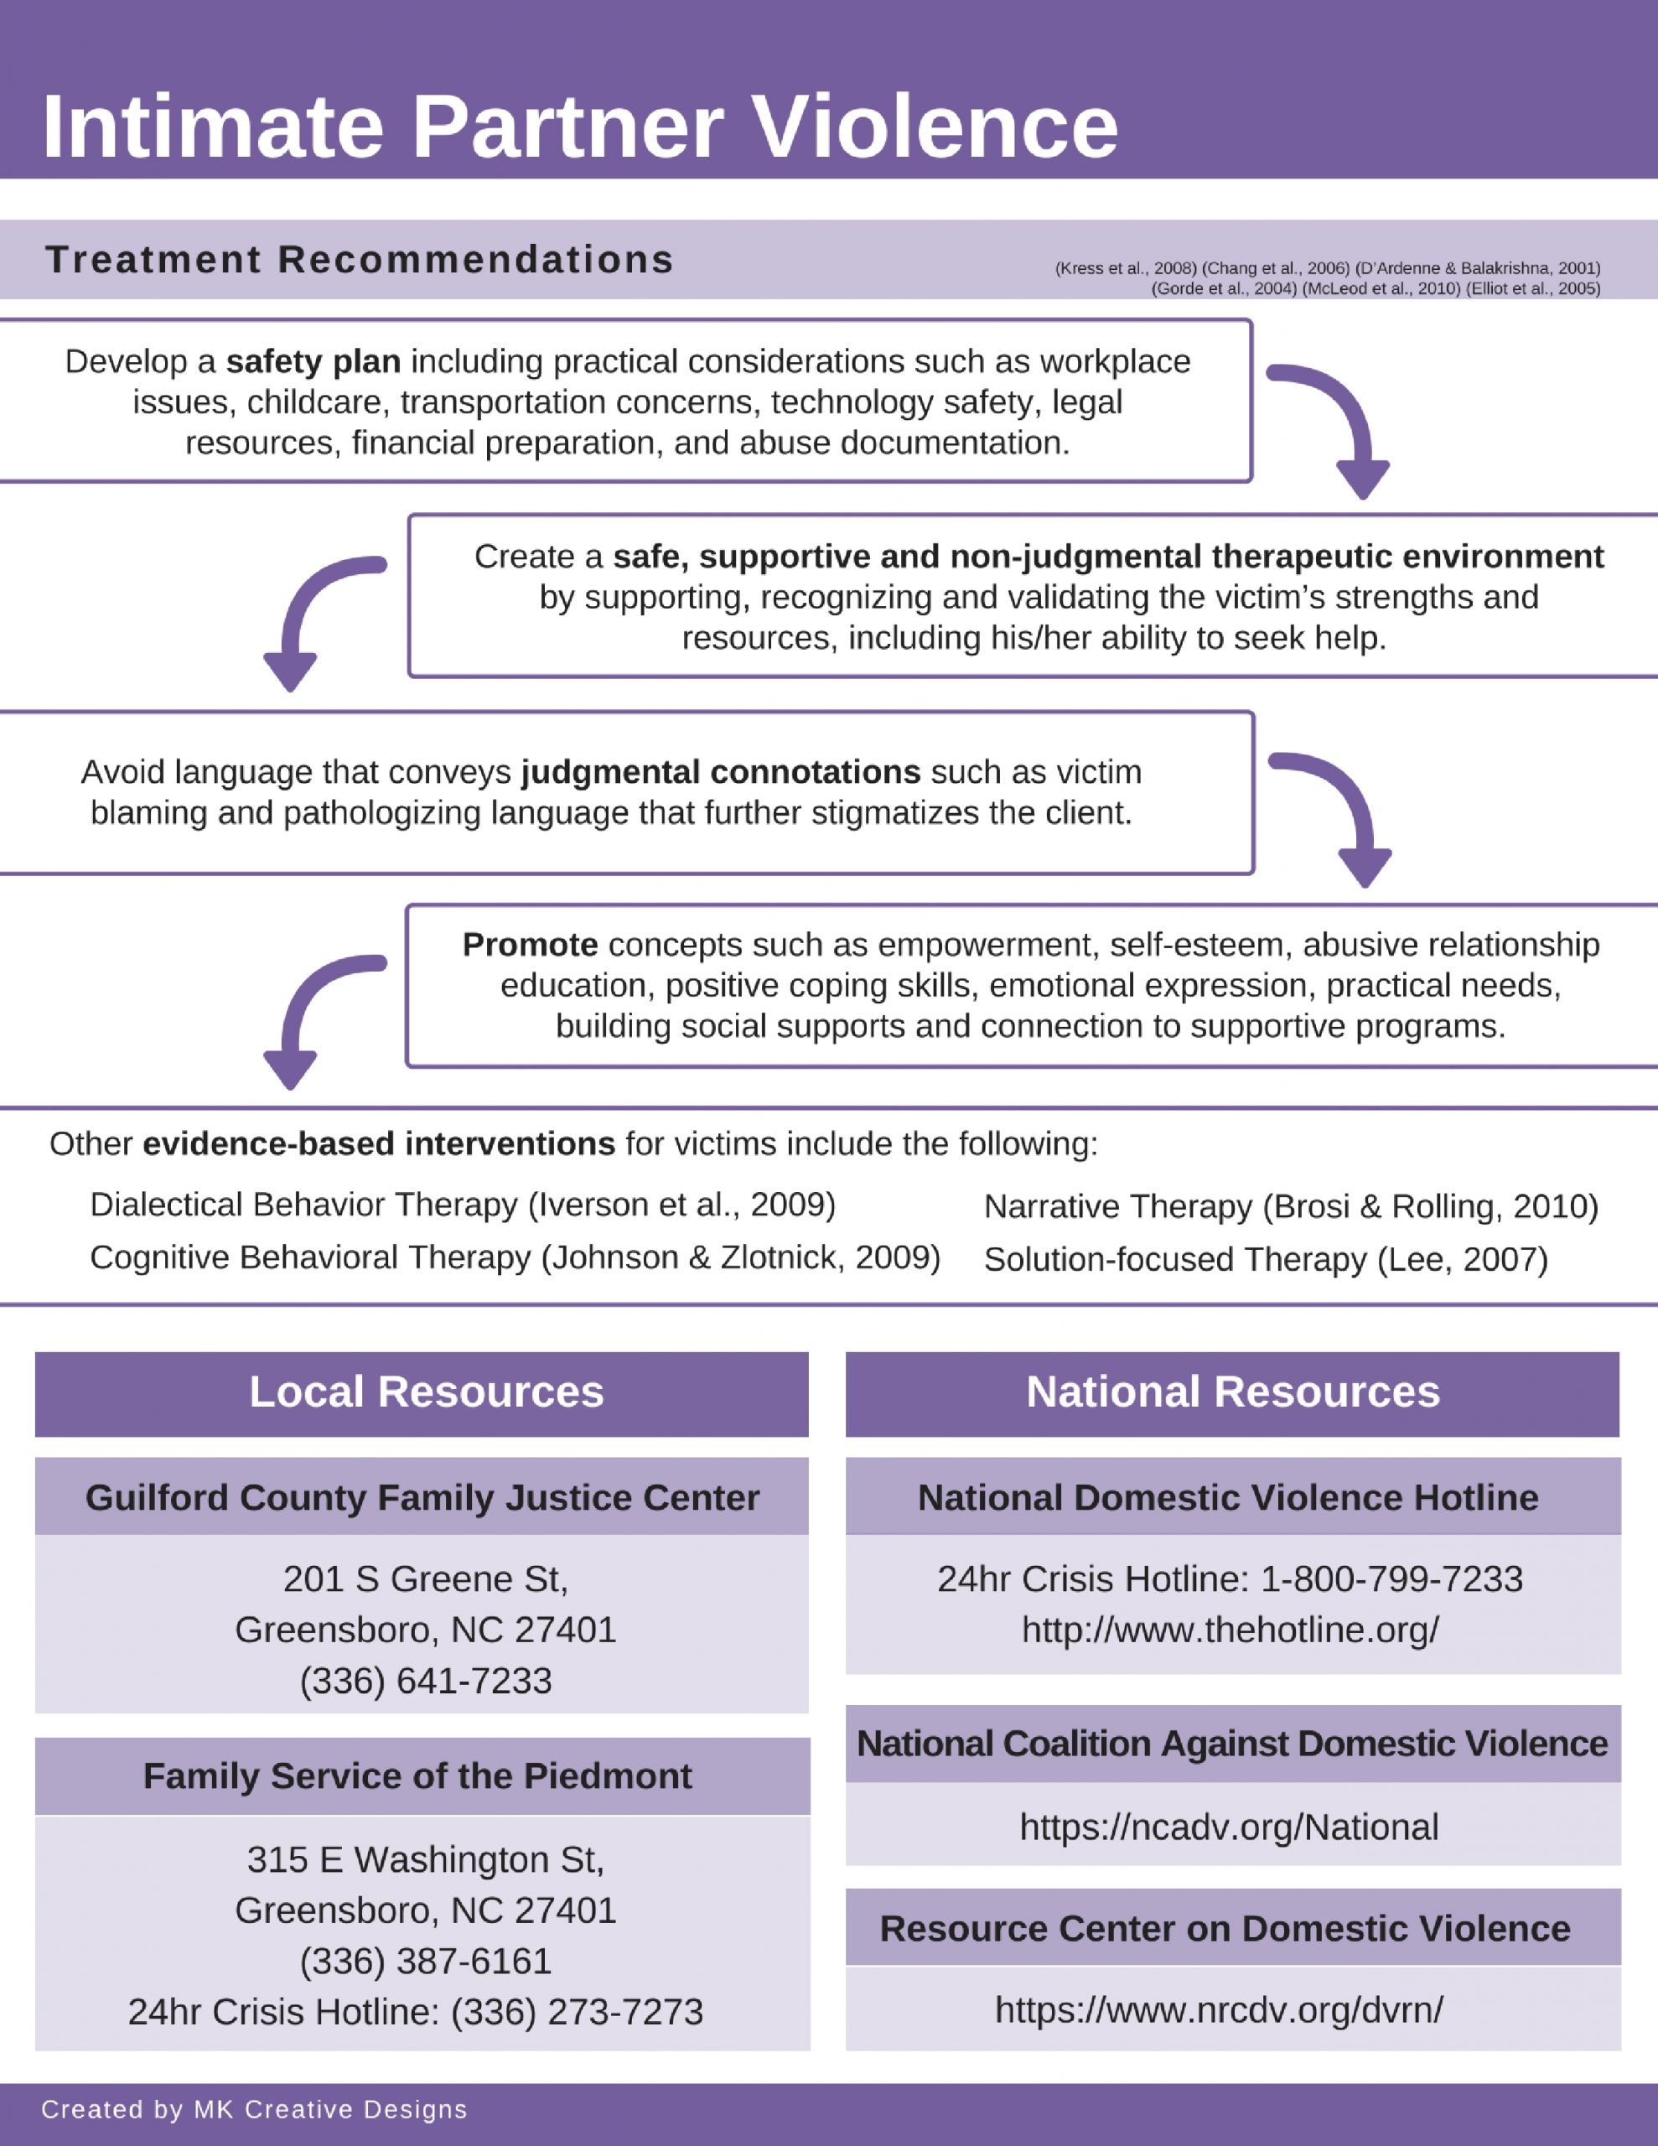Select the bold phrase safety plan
pos(313,361)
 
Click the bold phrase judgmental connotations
pos(720,772)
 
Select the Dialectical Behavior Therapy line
pos(462,1205)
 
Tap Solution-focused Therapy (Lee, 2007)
pos(1265,1260)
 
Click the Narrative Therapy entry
pos(1290,1206)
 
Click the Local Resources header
pos(426,1392)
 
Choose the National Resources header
pos(1232,1392)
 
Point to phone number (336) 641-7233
pos(426,1682)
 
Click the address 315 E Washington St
pos(426,1860)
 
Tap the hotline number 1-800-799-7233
pos(1391,1579)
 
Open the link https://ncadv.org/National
pos(1229,1827)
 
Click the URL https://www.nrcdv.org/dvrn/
pos(1219,2010)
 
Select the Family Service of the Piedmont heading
pos(417,1776)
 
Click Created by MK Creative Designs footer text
pos(254,2110)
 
